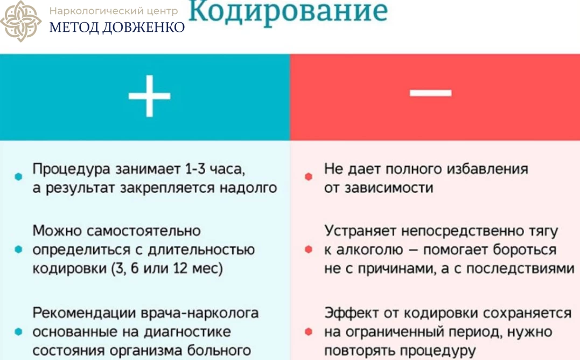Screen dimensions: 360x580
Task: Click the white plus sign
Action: pos(149,96)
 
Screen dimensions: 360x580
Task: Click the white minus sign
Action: pos(430,93)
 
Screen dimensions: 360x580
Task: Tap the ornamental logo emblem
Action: pos(20,21)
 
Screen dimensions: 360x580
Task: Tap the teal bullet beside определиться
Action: pos(18,250)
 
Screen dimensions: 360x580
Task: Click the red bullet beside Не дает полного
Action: pos(309,177)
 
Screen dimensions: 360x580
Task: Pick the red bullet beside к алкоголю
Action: pos(309,250)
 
